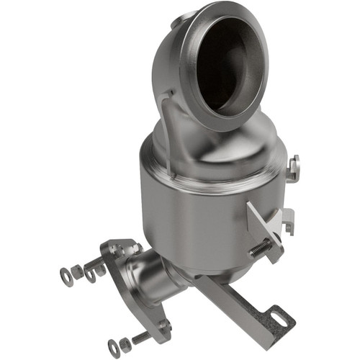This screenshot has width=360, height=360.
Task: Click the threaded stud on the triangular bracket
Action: click(x=261, y=249)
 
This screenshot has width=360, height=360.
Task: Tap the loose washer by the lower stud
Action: click(x=113, y=346)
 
